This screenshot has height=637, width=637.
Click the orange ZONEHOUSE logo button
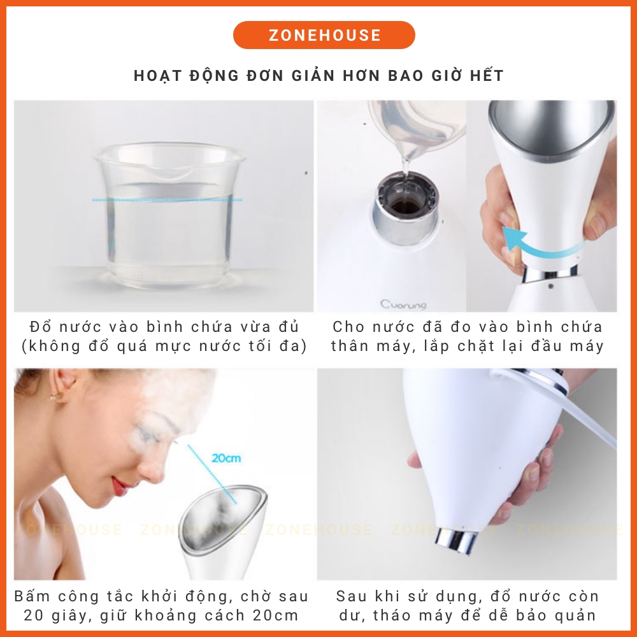click(x=324, y=35)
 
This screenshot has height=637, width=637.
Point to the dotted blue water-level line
click(x=167, y=200)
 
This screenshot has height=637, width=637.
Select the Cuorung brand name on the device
click(x=403, y=304)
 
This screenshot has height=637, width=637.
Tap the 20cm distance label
click(x=226, y=458)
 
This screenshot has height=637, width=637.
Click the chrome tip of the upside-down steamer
click(x=455, y=539)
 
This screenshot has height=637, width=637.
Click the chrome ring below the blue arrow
click(x=550, y=273)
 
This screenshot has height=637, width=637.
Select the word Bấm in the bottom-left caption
click(x=31, y=596)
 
